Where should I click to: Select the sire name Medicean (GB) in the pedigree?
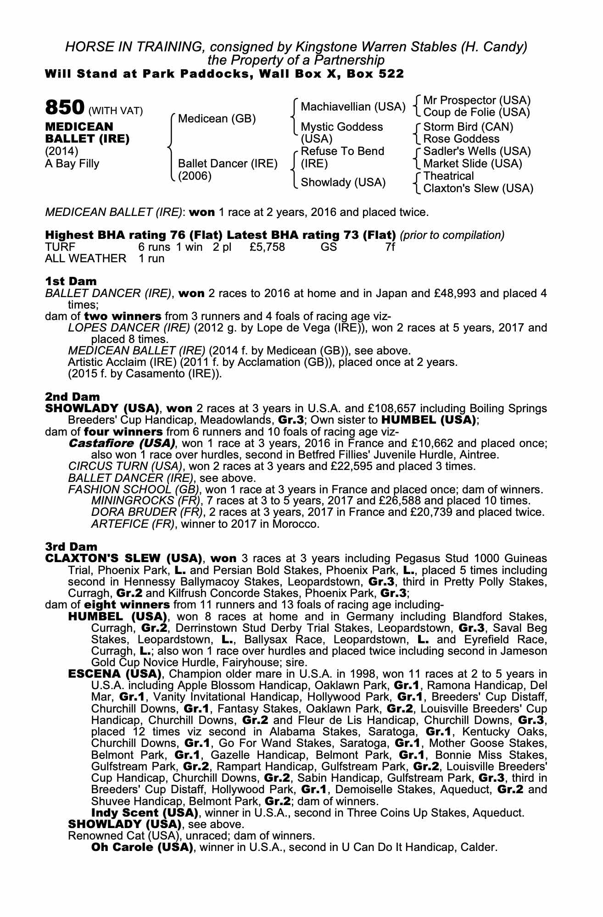[217, 119]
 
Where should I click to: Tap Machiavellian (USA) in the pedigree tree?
[353, 107]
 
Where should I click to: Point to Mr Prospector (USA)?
[477, 100]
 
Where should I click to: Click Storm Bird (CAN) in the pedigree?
[468, 127]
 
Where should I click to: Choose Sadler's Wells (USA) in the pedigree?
[477, 151]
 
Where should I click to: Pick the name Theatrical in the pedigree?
[448, 176]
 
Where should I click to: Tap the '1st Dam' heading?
[71, 281]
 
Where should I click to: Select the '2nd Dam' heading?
[72, 396]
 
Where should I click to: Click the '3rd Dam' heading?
[71, 547]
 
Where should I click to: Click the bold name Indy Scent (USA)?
[145, 813]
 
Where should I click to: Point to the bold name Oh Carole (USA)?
[142, 847]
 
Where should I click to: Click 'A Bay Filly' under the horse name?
[72, 164]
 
